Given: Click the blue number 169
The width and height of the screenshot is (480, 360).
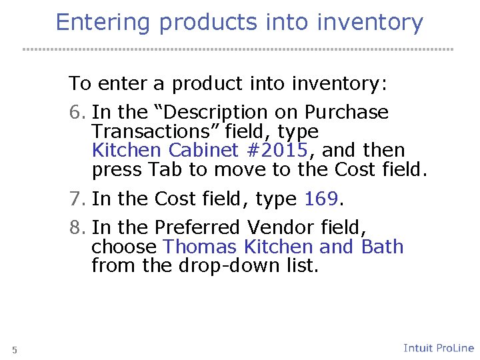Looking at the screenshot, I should [x=322, y=199].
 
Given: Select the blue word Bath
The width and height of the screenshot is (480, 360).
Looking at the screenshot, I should [x=382, y=247].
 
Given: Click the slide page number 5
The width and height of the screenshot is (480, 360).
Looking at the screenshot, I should [x=15, y=350].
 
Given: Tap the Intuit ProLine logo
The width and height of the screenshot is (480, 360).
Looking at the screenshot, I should [x=438, y=348].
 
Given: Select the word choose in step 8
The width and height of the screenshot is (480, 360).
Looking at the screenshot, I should [x=124, y=247].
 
